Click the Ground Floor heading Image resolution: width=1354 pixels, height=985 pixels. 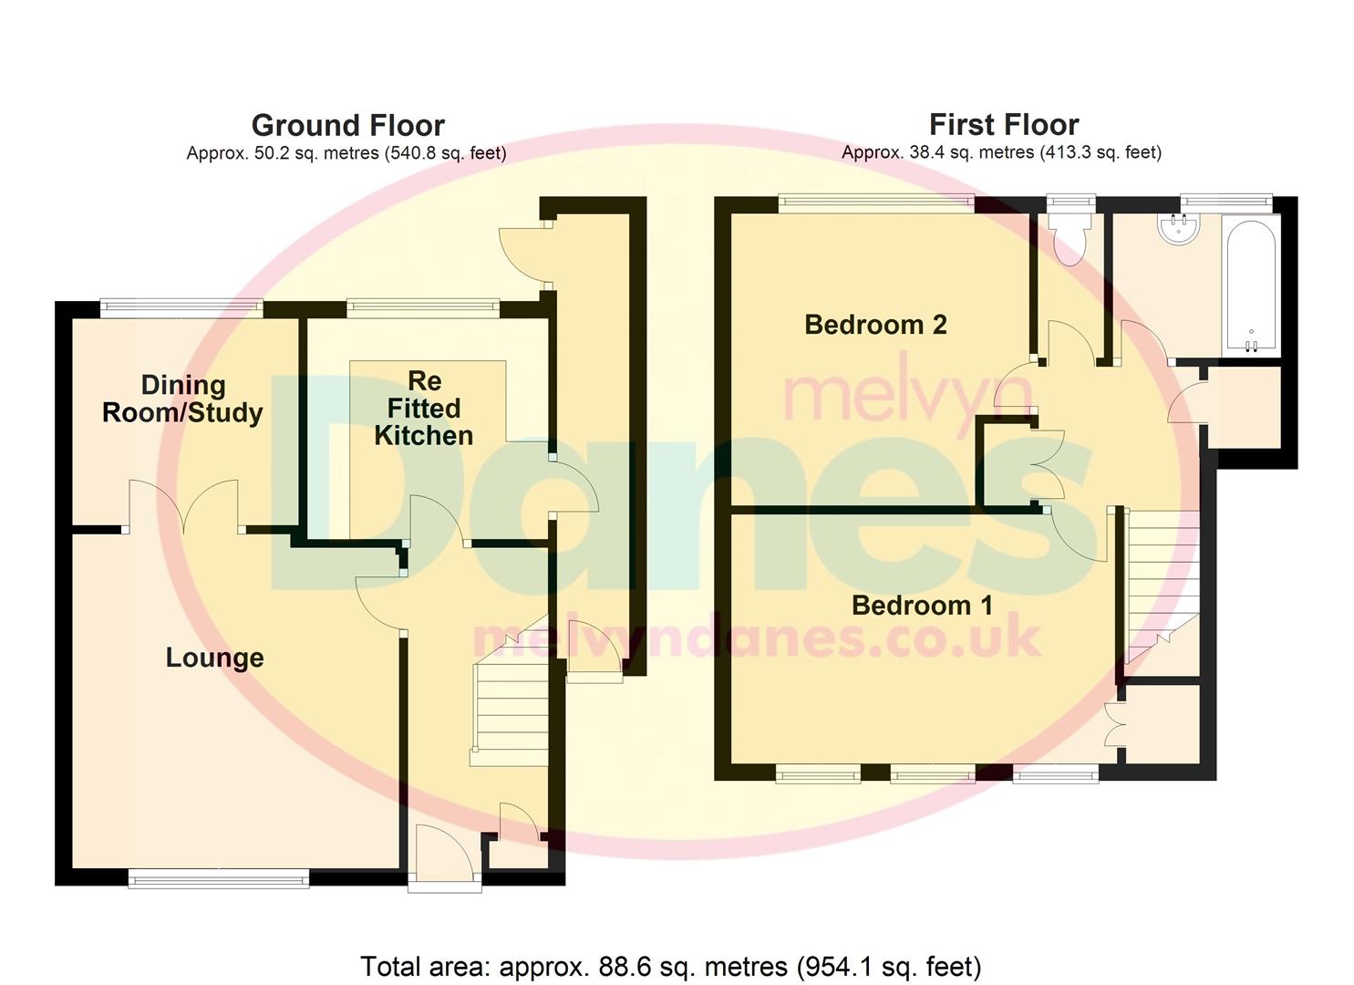(347, 125)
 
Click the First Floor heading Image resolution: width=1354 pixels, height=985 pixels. (1003, 124)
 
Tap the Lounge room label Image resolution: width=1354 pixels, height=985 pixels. (214, 658)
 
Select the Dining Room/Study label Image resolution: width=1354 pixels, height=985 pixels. (182, 399)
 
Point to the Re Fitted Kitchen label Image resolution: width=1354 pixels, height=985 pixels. (424, 408)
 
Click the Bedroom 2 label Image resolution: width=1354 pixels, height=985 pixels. (875, 324)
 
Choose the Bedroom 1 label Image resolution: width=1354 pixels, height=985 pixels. (922, 605)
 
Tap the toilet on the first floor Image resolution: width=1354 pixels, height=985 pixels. (1070, 235)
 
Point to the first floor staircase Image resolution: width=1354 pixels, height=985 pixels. (1163, 584)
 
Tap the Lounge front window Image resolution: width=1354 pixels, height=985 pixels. (219, 878)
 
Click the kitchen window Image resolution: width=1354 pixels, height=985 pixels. (422, 309)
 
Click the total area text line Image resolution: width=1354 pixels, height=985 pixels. (670, 966)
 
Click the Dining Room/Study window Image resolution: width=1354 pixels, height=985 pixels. (181, 308)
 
